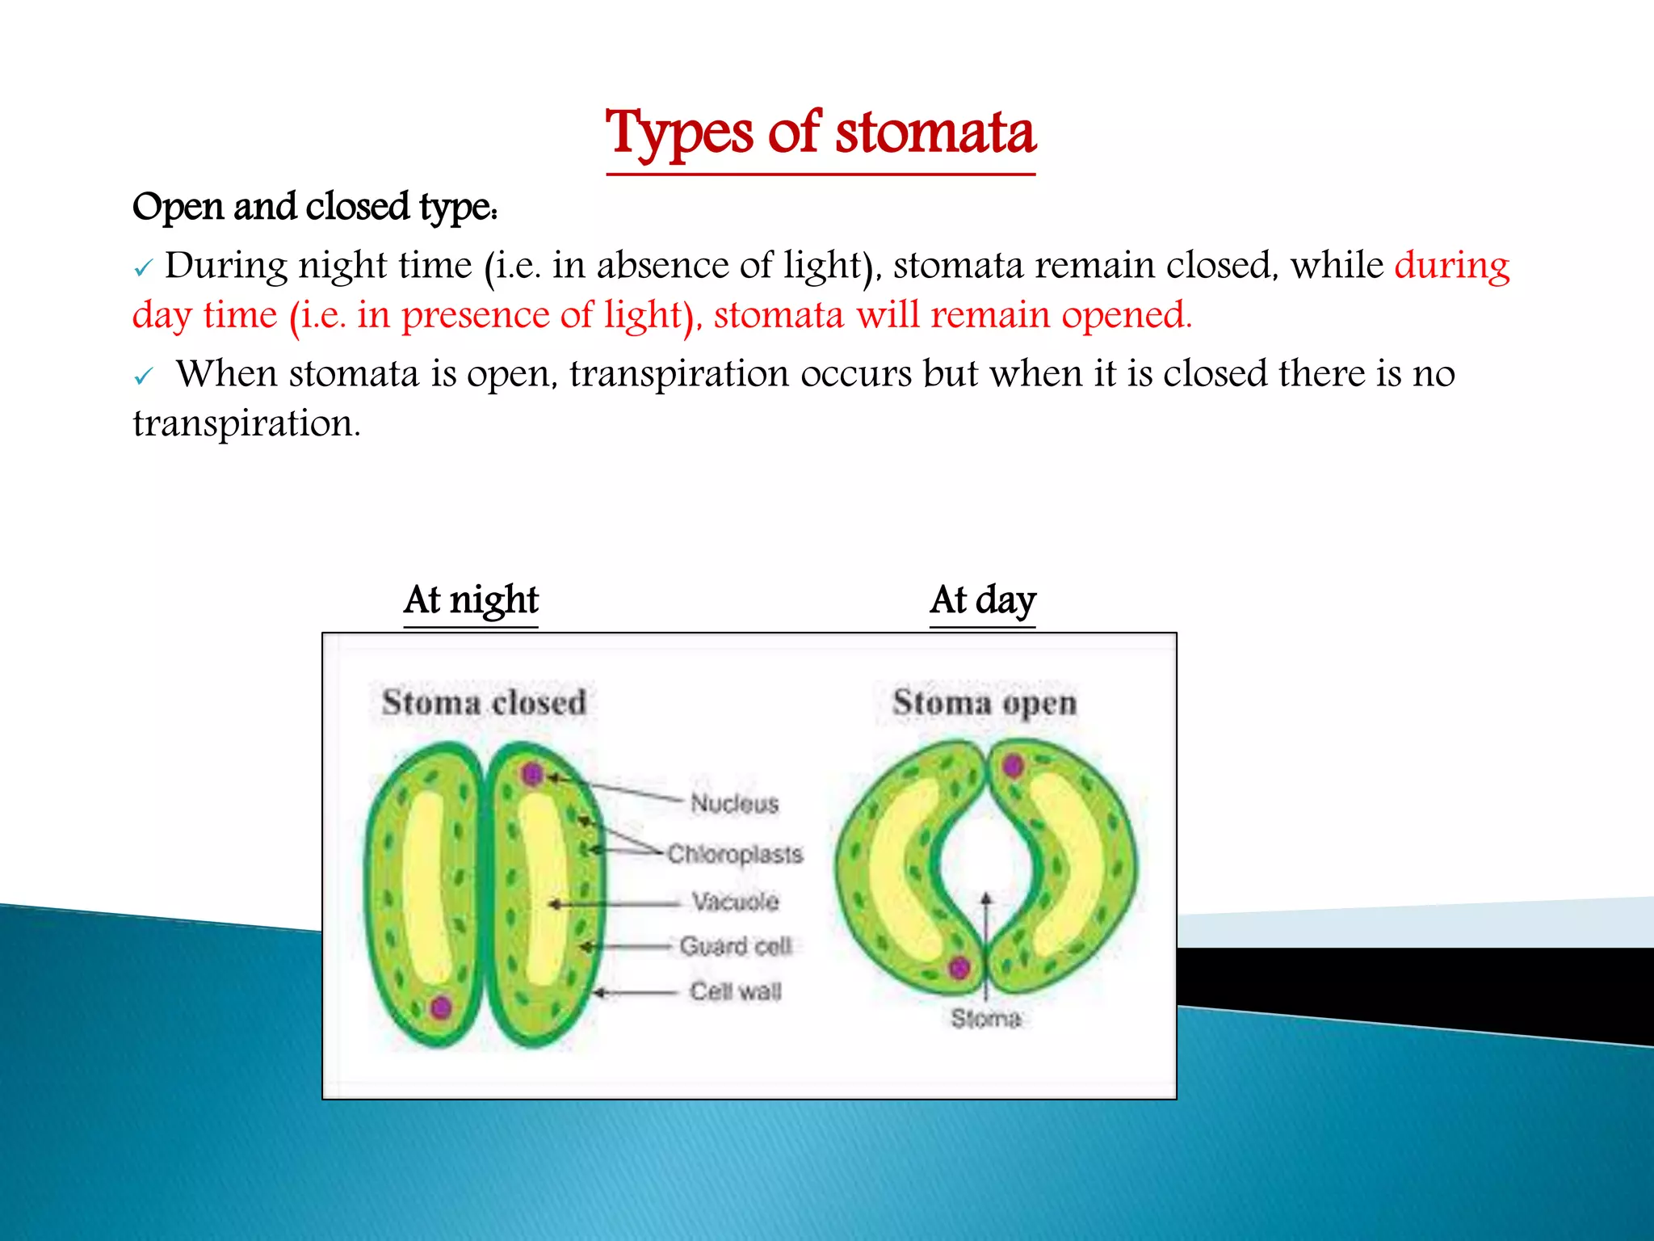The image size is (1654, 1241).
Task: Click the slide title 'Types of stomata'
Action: click(821, 134)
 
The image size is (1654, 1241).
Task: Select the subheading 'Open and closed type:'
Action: click(315, 207)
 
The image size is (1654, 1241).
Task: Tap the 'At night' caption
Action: click(471, 600)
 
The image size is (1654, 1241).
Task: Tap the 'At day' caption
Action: click(982, 600)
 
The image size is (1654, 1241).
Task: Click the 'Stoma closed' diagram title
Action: click(484, 702)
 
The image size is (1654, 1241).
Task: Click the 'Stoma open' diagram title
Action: click(984, 702)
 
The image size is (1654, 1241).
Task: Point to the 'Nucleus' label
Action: click(734, 803)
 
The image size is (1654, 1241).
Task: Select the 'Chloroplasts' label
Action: click(735, 854)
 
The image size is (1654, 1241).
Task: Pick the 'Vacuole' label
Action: click(735, 901)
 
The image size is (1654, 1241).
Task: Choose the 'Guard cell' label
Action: click(735, 946)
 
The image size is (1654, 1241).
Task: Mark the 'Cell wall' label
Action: click(735, 991)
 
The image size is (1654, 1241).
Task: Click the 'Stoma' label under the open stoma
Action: click(985, 1019)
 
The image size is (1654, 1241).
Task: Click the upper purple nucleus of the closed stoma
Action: click(532, 774)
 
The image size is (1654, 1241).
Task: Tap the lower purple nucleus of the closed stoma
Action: click(441, 1007)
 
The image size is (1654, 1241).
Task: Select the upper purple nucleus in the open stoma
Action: click(1013, 765)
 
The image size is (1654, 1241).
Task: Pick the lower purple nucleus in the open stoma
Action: click(959, 967)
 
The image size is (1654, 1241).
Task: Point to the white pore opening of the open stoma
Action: click(985, 856)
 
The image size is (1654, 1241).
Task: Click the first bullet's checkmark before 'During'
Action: click(143, 268)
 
